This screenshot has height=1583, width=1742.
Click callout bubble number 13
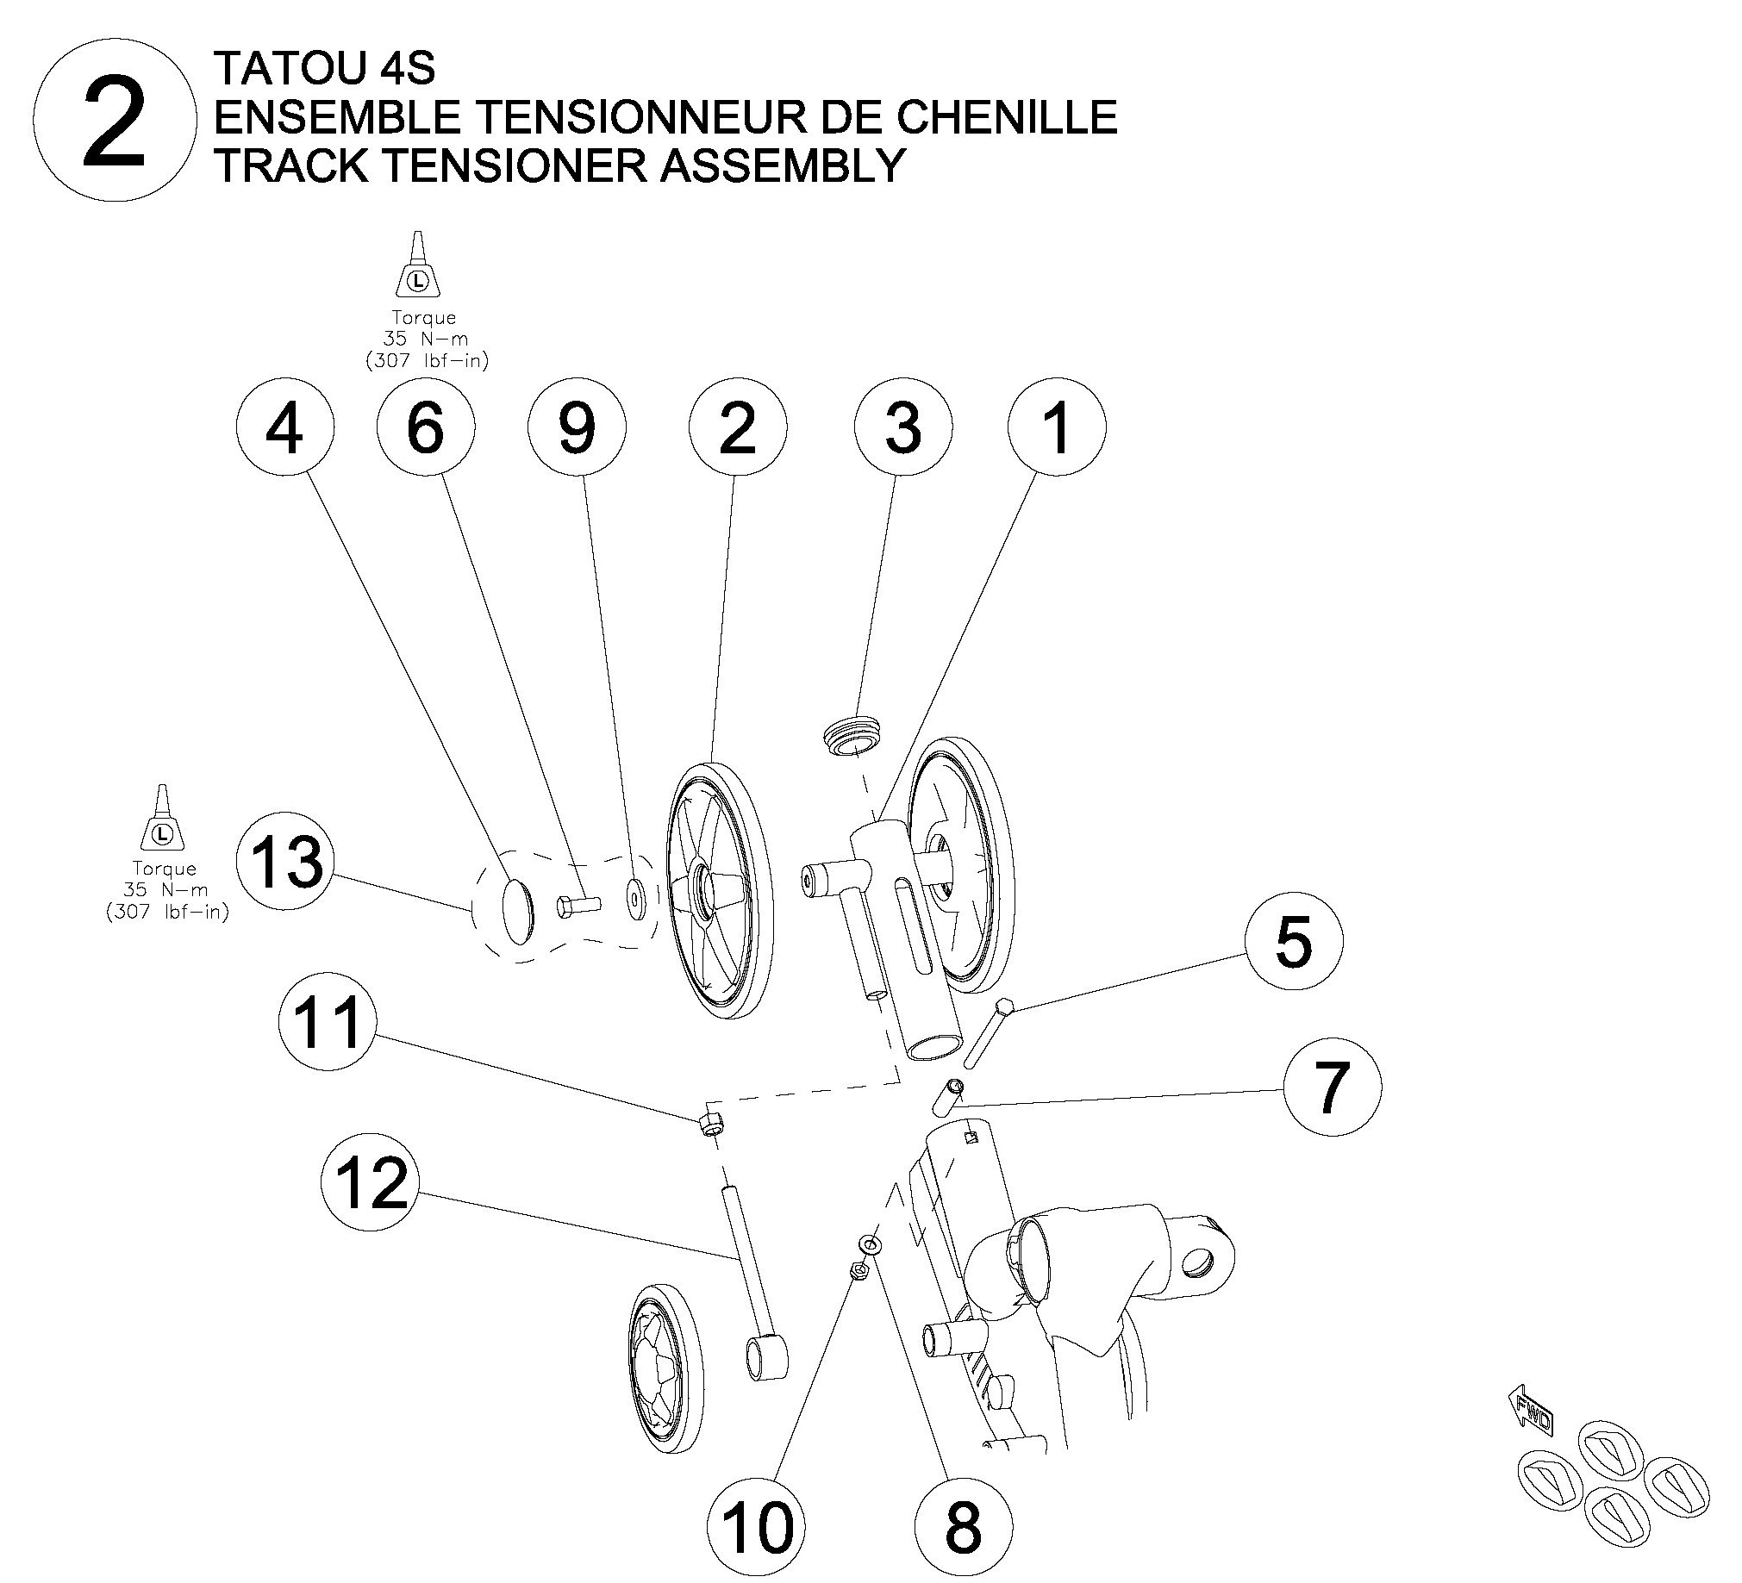285,863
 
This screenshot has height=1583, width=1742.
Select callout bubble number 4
284,427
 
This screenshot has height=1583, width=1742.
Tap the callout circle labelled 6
425,427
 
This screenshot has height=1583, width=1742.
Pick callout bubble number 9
577,427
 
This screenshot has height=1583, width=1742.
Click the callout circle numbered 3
903,427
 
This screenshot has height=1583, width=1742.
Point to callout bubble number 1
1056,427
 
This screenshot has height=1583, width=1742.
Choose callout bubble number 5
1294,941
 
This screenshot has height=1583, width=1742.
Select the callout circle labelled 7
1332,1086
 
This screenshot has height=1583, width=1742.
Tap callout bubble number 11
327,1022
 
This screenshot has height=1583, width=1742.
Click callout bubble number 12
369,1183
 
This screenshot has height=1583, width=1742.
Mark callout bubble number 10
756,1525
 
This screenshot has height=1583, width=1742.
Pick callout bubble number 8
963,1525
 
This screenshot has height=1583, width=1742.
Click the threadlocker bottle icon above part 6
418,266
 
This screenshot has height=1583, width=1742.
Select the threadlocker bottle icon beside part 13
162,820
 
